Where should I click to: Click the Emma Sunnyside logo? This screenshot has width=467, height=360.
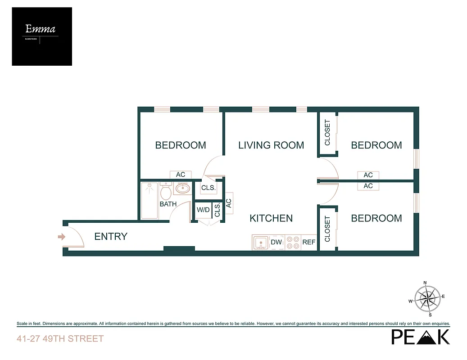[x=41, y=36]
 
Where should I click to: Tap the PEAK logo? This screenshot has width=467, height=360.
[x=420, y=337]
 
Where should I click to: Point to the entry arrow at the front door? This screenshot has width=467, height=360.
[x=62, y=237]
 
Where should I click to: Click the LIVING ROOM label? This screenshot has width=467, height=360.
[x=271, y=145]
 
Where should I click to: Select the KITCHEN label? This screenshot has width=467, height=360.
[x=271, y=218]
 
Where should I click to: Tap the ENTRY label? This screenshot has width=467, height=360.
[x=111, y=236]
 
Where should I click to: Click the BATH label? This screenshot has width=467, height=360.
[x=168, y=204]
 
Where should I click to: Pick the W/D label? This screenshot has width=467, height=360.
[x=203, y=210]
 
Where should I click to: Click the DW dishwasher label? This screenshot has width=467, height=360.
[x=276, y=242]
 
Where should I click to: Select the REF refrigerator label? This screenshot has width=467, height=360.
[x=309, y=242]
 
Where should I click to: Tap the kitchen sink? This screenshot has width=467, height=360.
[x=260, y=243]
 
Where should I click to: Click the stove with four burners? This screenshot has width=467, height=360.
[x=293, y=243]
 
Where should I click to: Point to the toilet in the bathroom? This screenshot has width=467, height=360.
[x=165, y=192]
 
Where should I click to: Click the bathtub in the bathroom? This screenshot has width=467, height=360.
[x=150, y=200]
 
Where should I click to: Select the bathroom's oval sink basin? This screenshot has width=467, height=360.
[x=182, y=189]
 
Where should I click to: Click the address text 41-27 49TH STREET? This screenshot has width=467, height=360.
[x=60, y=338]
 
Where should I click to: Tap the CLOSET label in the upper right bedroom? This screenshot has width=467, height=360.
[x=327, y=133]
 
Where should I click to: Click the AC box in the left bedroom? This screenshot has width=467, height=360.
[x=181, y=175]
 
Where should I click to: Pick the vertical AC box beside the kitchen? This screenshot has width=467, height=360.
[x=228, y=203]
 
